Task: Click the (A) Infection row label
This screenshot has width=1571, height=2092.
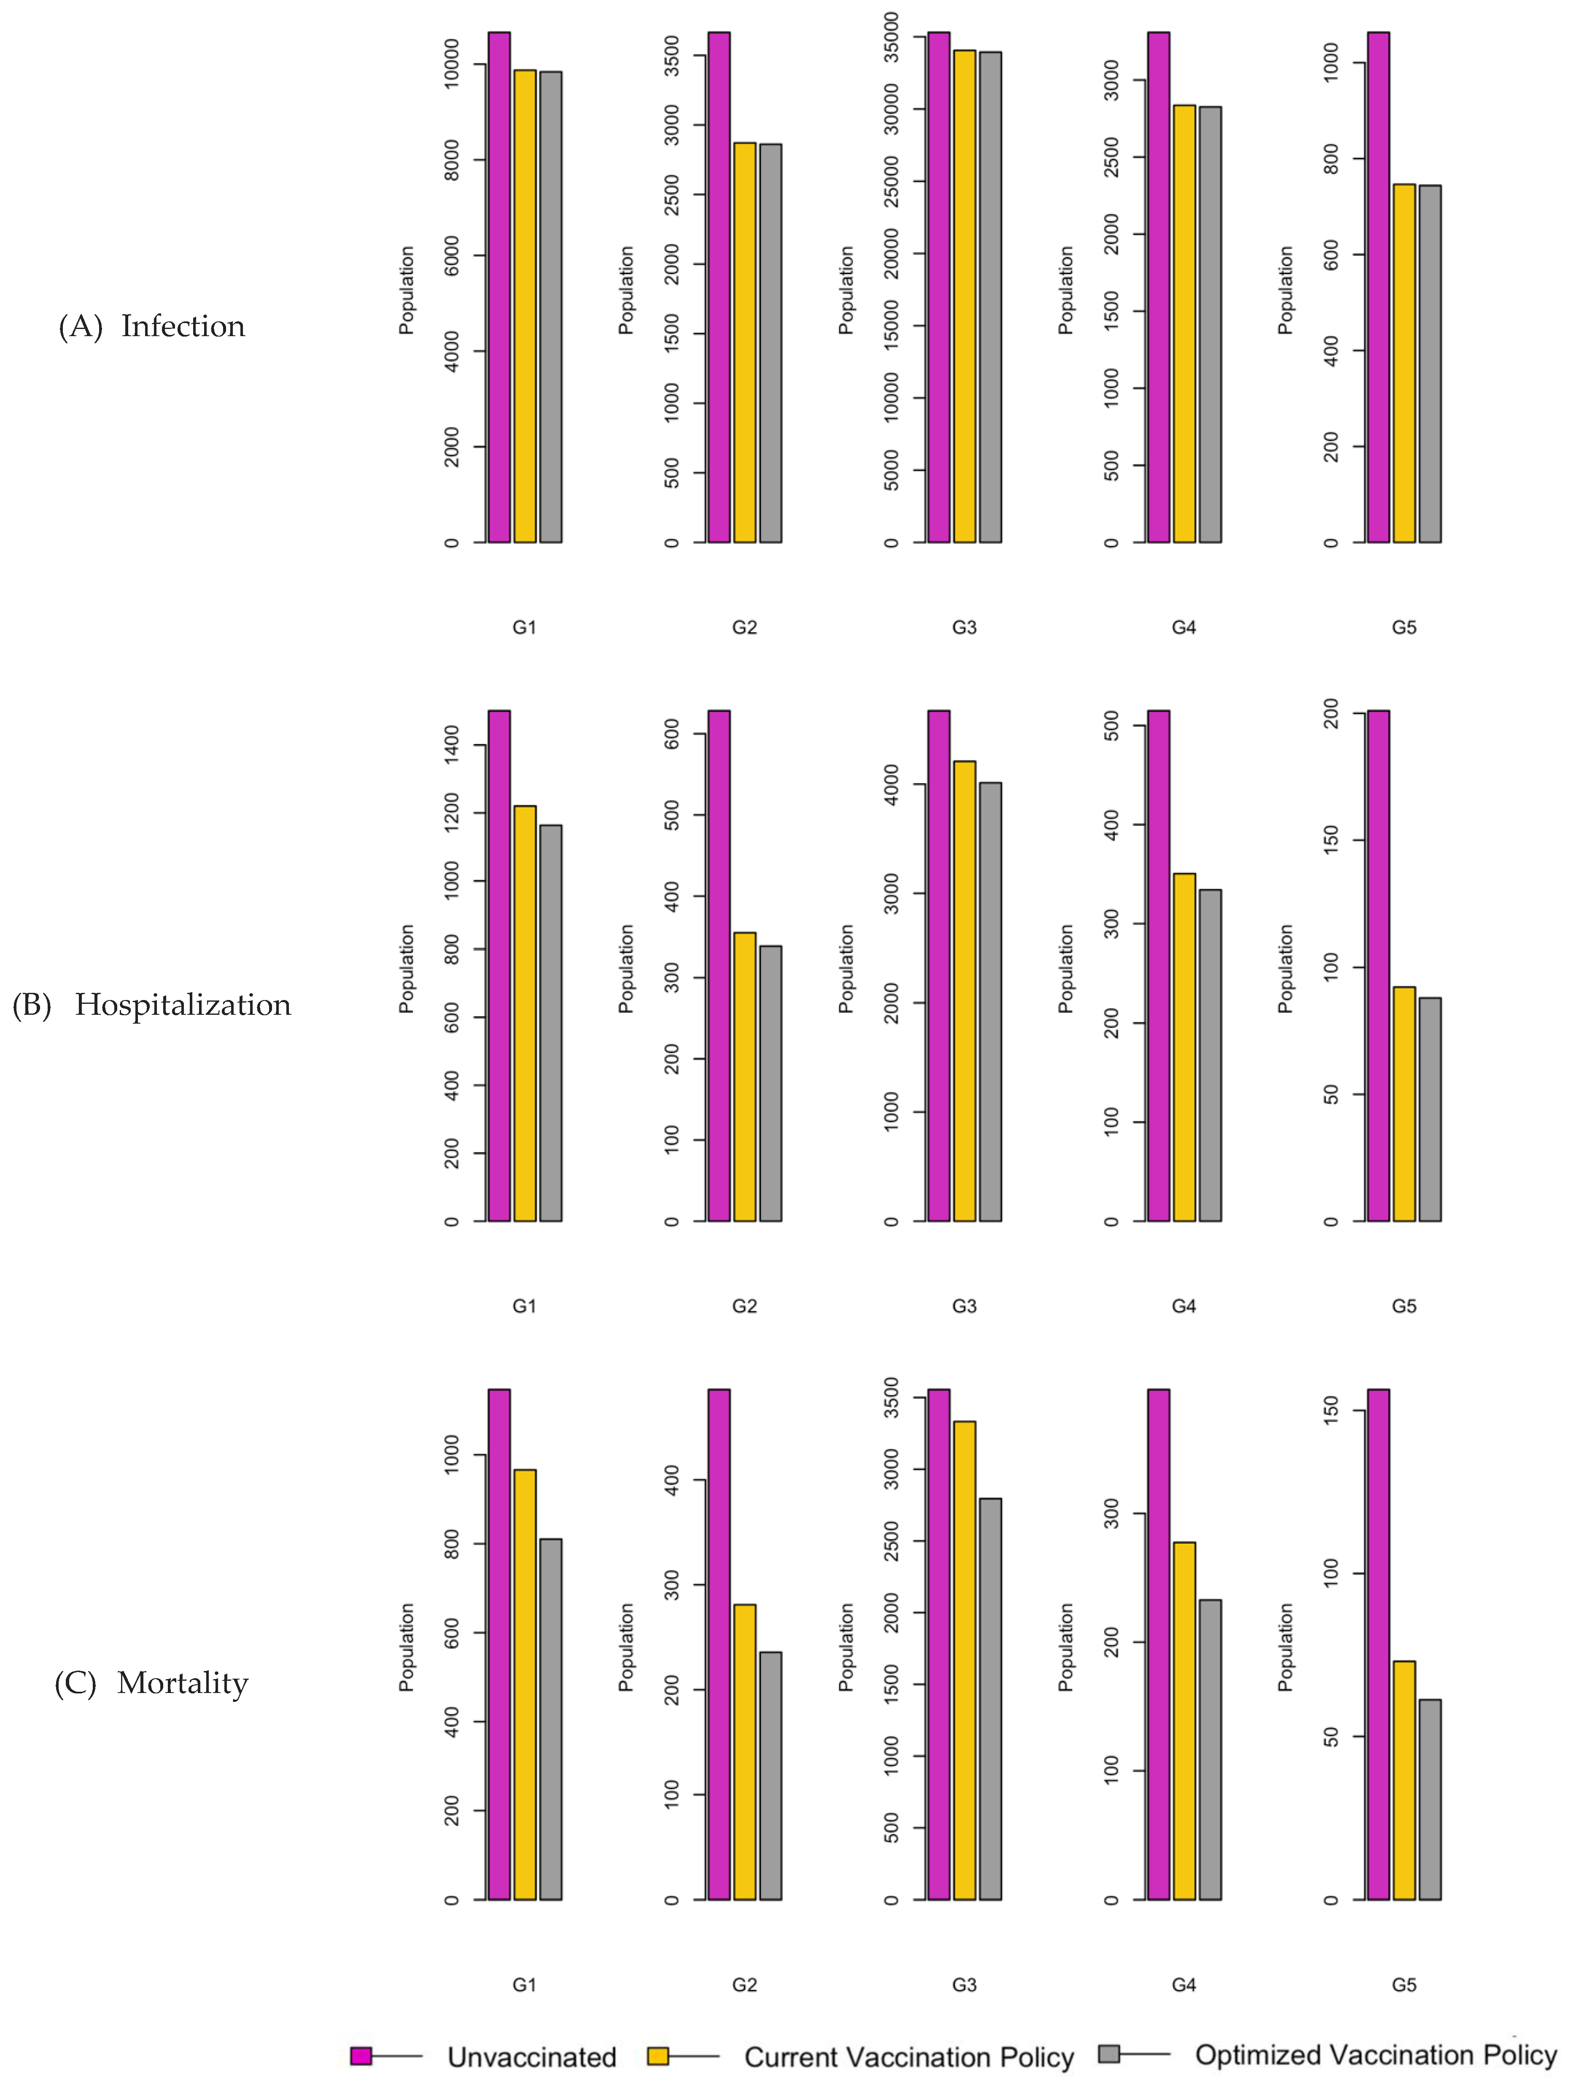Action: click(151, 326)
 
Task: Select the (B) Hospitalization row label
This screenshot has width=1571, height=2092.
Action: click(151, 1004)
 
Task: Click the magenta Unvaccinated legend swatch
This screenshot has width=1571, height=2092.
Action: click(360, 2055)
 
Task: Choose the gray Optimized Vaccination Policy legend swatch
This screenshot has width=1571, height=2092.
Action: click(1110, 2053)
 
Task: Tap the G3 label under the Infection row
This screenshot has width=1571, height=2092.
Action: click(964, 627)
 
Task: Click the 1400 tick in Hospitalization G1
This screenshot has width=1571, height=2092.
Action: click(452, 745)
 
